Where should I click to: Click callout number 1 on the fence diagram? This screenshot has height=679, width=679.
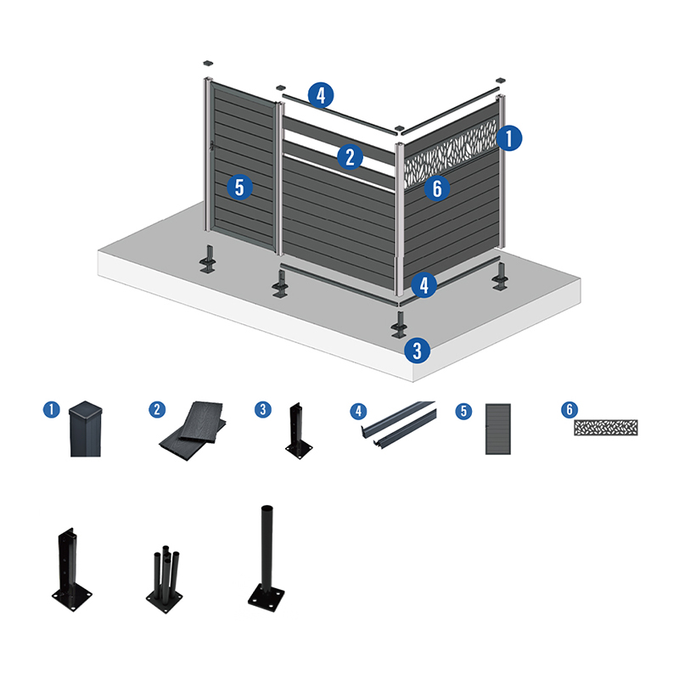[509, 137]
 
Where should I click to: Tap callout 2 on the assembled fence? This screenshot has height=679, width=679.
[348, 156]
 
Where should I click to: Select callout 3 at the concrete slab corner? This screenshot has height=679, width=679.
[415, 348]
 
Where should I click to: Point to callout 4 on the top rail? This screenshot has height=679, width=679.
[320, 94]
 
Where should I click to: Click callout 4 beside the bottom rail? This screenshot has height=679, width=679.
[424, 283]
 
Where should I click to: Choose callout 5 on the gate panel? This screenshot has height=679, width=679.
[240, 187]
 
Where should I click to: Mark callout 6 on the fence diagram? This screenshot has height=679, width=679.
[436, 188]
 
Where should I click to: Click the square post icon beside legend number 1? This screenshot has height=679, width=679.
[85, 429]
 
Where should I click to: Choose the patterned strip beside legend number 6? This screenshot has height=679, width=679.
[605, 427]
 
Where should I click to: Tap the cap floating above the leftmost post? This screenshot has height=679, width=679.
[208, 62]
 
